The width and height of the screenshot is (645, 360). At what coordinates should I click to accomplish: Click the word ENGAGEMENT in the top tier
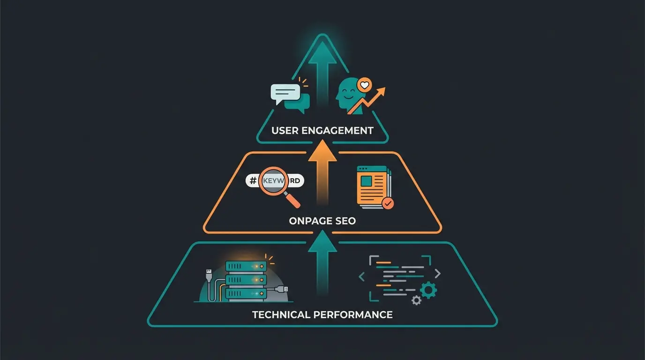344,130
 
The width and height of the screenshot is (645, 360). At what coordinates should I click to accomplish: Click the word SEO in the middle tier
345,221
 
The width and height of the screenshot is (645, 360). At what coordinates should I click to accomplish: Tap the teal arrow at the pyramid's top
322,70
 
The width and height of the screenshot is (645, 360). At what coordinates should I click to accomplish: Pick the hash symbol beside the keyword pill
253,181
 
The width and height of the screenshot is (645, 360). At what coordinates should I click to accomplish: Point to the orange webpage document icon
373,185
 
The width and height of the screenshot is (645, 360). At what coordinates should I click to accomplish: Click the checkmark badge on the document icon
388,203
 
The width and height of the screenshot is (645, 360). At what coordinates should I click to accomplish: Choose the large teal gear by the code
428,290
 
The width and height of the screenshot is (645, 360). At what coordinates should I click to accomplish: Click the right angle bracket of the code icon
437,273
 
